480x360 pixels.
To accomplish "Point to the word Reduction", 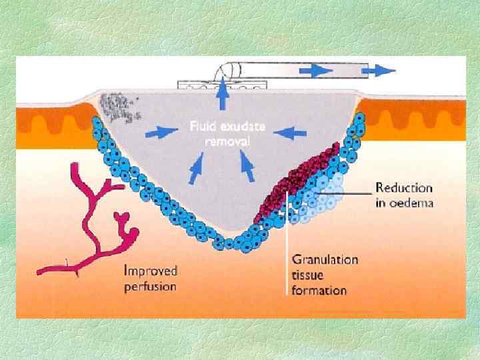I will point(404,189).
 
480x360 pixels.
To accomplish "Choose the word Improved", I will point(151,271).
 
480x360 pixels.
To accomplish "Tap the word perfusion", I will point(150,287).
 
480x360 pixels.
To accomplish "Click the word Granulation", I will point(325,259).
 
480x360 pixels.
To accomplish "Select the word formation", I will point(319,290).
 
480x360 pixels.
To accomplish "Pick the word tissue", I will point(307,275).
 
